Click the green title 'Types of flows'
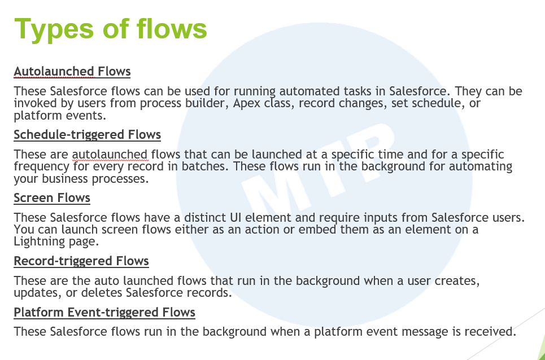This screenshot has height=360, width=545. (111, 29)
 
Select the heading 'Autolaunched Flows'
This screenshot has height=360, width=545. (72, 72)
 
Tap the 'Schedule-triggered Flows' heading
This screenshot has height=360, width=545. (88, 135)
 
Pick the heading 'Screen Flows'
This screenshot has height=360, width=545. (52, 198)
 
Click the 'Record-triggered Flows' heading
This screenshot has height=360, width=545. (81, 261)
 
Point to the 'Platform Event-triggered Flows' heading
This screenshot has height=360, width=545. (104, 313)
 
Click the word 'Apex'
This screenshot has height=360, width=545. (246, 104)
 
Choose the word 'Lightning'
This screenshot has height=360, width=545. (40, 242)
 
